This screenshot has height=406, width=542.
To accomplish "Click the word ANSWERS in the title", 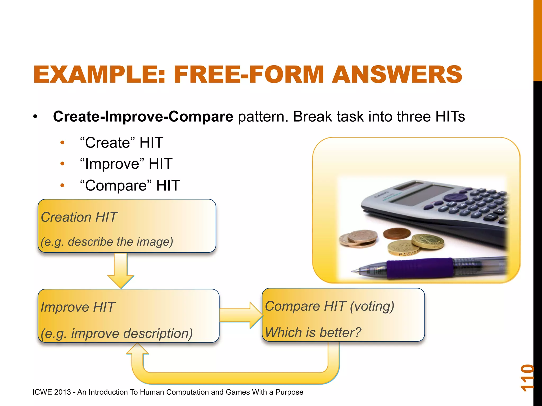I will click(x=397, y=75).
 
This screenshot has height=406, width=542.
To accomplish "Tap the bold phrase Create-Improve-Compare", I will click(x=143, y=117).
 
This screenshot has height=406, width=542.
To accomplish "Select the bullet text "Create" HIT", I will click(x=122, y=143).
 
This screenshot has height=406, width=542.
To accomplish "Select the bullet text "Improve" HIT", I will click(x=126, y=164).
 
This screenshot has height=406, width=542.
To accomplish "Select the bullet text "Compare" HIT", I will click(x=130, y=185).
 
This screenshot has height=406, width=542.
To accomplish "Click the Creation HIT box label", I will click(x=79, y=217).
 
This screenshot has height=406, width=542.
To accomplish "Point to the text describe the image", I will click(x=120, y=242).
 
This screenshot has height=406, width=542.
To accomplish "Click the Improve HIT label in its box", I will click(x=78, y=307).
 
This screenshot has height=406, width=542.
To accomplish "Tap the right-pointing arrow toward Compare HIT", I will click(x=241, y=315).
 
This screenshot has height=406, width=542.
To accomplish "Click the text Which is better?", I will click(x=313, y=332).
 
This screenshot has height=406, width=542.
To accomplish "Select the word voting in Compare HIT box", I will click(x=372, y=307).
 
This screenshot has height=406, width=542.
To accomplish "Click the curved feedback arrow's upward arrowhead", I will click(x=137, y=349).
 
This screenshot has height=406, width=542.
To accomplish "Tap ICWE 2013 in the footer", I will click(x=52, y=392).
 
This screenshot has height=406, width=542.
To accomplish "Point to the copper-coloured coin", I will click(x=396, y=233).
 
